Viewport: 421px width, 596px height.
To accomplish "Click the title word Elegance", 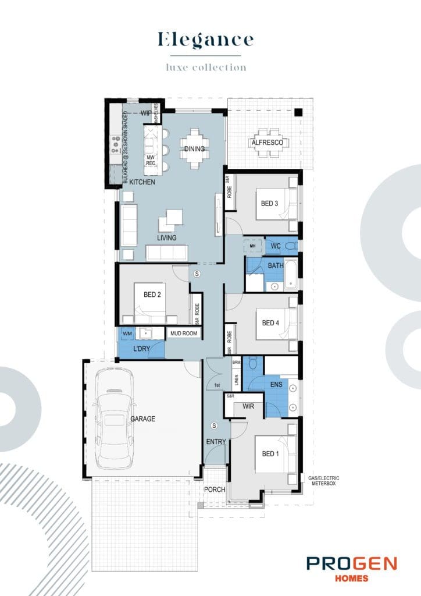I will tap(206, 40).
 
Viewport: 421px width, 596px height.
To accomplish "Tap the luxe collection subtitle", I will tap(206, 68).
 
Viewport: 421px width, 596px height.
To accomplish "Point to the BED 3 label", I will tap(269, 203).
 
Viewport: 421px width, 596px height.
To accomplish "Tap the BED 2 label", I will tap(152, 295).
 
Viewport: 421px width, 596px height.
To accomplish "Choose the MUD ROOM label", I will tap(183, 334).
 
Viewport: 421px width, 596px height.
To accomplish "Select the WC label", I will tap(276, 247).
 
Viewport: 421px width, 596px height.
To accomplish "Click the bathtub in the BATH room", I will tap(291, 275).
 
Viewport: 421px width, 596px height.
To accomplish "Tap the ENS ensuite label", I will tap(276, 384).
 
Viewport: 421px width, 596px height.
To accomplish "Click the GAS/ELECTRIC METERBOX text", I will tap(324, 480).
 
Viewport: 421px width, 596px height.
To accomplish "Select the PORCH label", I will tap(214, 489).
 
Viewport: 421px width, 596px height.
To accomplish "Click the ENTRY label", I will tap(215, 442).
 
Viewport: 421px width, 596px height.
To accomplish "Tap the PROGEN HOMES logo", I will tap(351, 567).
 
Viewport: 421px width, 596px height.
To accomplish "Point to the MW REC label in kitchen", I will tap(151, 160).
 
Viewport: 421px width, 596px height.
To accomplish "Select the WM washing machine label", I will tap(127, 334).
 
